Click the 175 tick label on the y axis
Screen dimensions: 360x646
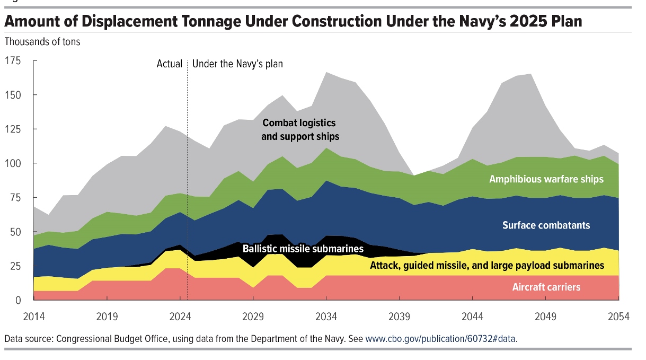coord(13,60)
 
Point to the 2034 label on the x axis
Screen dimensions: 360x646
coord(326,317)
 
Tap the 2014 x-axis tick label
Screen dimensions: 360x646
coord(33,317)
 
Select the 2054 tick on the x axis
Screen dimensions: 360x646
coord(618,317)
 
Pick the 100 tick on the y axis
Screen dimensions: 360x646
coord(13,163)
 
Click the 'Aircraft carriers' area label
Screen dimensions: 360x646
coord(546,287)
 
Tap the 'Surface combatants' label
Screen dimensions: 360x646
coord(546,225)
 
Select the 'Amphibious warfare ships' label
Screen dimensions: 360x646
coord(546,179)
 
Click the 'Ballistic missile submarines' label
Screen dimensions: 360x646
coord(303,249)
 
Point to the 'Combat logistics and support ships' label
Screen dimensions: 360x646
coord(300,130)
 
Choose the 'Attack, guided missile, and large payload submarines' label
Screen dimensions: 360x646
coord(487,265)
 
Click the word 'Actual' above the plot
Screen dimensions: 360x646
coord(170,64)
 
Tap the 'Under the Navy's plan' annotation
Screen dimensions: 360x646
coord(237,64)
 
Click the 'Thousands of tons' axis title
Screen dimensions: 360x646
coord(42,41)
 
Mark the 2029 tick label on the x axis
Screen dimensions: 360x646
coord(253,317)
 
